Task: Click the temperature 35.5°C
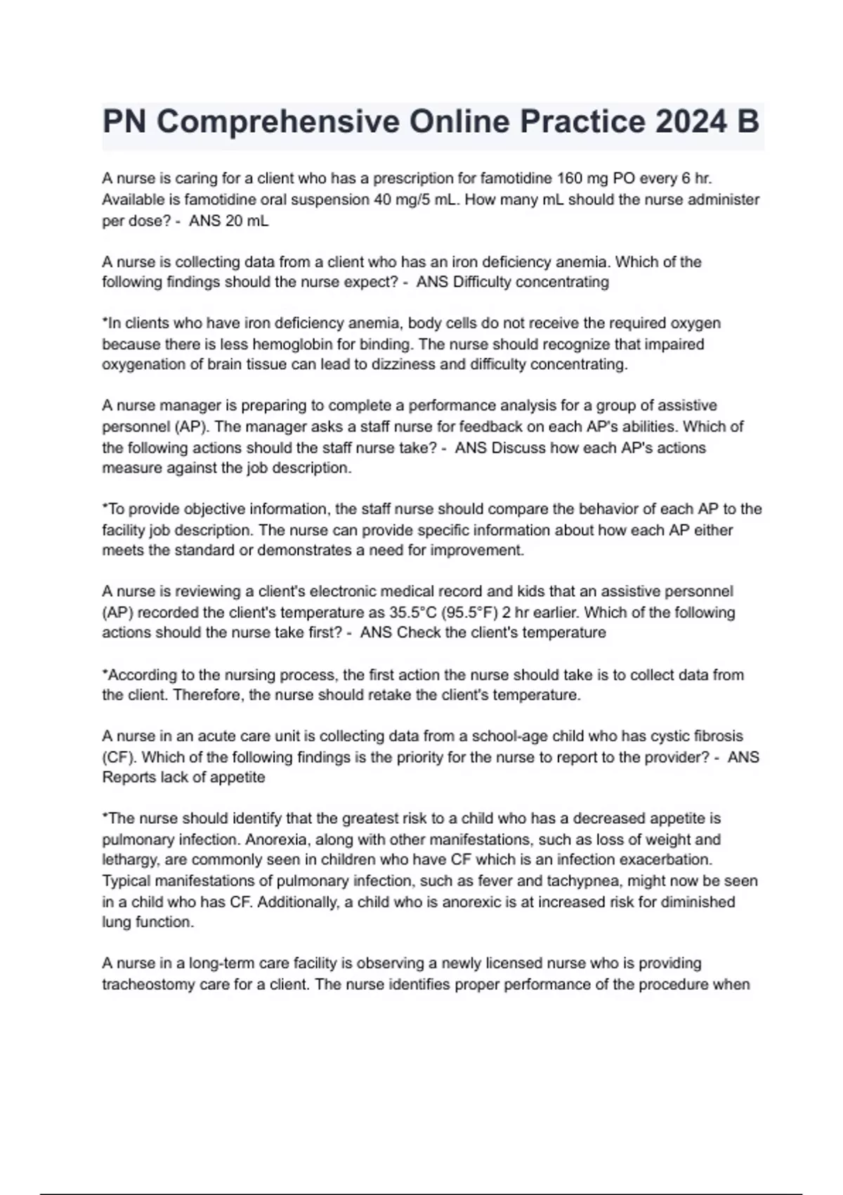pyautogui.click(x=413, y=612)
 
